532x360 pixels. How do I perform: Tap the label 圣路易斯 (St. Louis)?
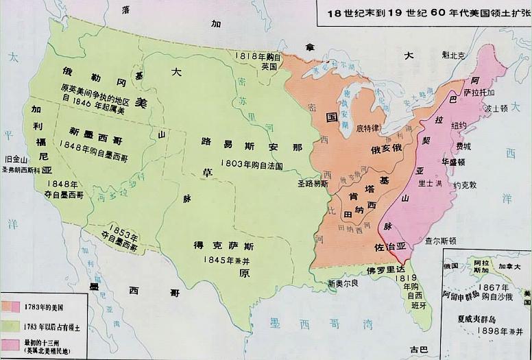312,184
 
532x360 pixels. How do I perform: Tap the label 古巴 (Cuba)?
418,349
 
